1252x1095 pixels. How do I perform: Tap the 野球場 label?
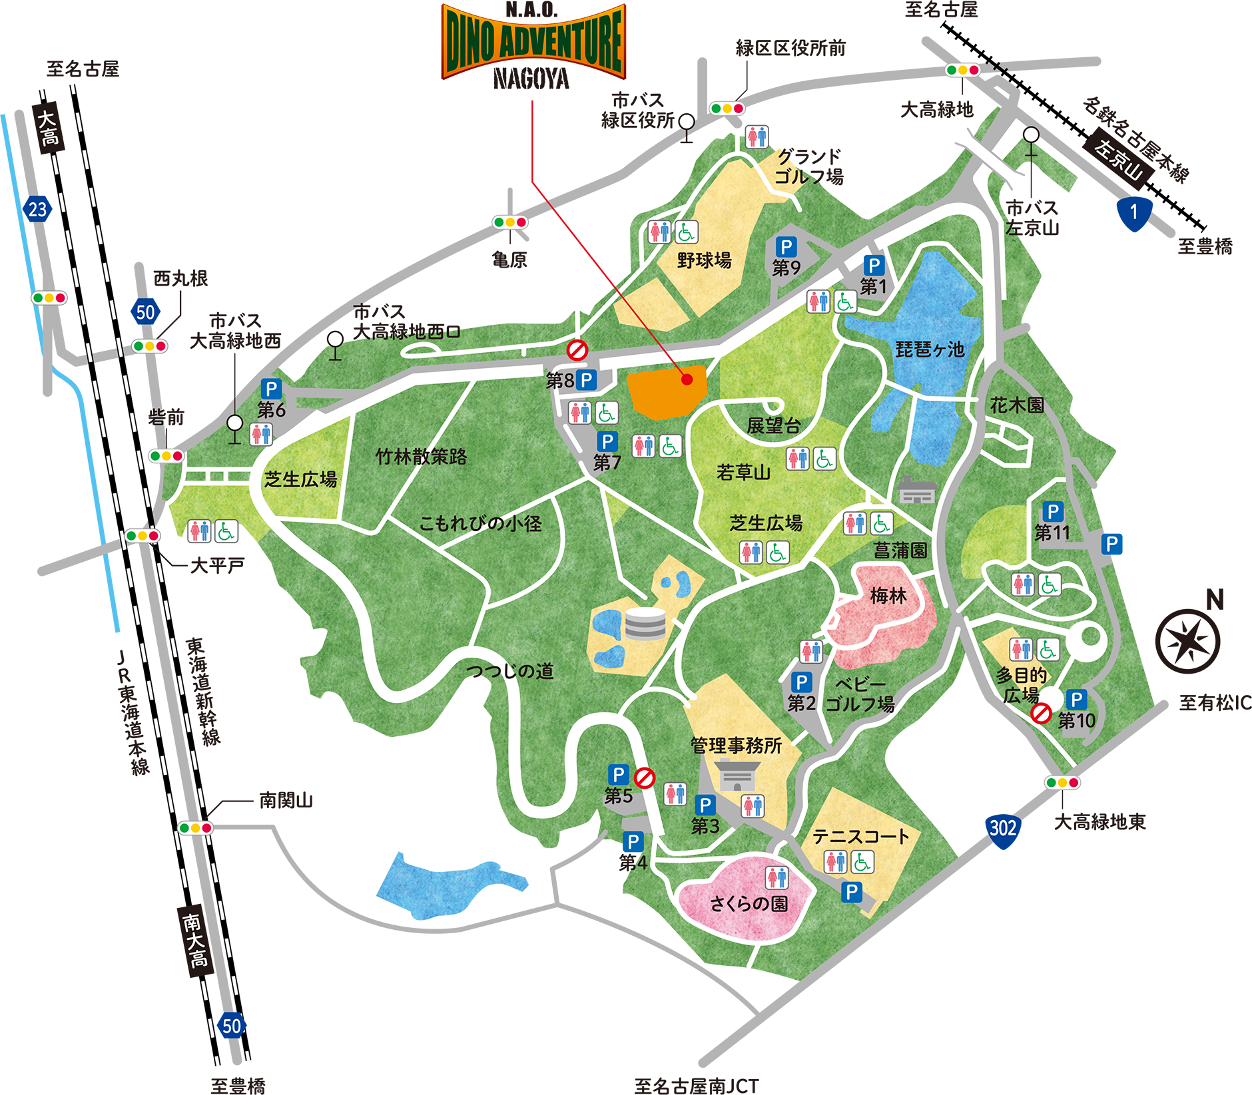tap(704, 260)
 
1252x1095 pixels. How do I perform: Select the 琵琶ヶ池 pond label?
tap(930, 349)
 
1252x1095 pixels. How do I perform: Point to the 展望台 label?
tap(773, 426)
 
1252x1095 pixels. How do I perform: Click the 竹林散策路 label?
tap(421, 457)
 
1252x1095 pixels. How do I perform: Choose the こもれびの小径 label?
tap(480, 524)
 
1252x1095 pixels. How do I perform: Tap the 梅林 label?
tap(888, 596)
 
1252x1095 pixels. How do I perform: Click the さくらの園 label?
tap(749, 903)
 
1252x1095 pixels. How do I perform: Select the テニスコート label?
tap(860, 836)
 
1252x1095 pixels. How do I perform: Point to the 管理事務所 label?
tap(736, 745)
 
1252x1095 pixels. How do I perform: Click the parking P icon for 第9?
tap(786, 248)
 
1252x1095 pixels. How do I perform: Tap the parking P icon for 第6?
tap(271, 389)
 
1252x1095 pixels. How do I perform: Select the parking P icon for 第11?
tap(1052, 512)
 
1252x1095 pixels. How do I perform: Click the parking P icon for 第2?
tap(801, 682)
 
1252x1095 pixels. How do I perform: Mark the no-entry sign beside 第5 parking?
tap(644, 777)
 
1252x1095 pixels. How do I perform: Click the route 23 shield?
tap(37, 209)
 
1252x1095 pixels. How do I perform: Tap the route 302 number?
tap(1002, 828)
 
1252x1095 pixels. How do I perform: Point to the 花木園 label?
tap(1017, 405)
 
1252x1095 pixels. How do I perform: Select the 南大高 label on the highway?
tap(194, 940)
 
